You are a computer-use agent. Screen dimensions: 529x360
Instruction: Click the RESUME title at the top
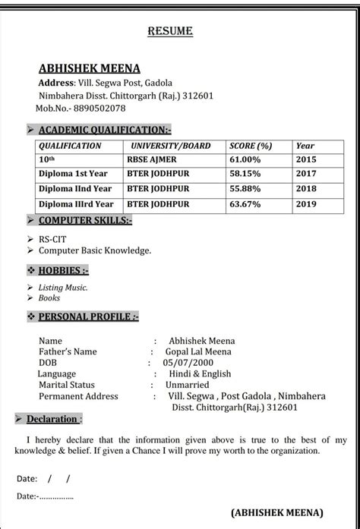169,31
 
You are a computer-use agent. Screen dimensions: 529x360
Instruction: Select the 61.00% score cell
245,160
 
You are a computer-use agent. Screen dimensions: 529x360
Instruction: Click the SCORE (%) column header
251,146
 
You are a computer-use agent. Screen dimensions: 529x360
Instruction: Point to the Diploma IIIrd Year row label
76,203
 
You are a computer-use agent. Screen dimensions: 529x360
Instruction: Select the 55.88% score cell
245,189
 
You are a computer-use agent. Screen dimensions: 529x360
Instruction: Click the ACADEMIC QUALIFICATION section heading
105,130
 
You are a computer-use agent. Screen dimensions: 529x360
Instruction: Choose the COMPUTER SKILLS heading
85,221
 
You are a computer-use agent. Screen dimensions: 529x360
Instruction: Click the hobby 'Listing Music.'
63,288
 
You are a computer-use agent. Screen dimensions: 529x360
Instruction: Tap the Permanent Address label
78,396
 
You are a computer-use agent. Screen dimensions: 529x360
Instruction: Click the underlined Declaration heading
52,419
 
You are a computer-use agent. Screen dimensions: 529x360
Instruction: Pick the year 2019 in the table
305,203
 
